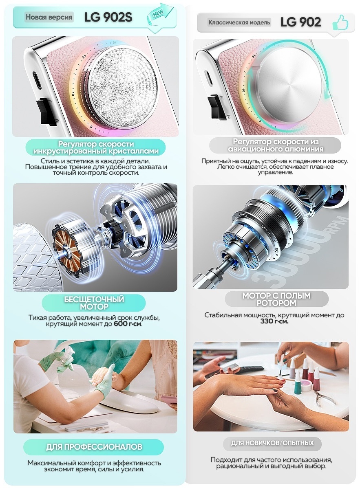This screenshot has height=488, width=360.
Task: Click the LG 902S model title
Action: [x=108, y=17]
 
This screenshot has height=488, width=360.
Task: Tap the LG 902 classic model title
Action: [x=300, y=22]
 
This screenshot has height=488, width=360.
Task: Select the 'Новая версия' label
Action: [x=49, y=17]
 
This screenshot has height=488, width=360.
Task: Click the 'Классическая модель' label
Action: [x=239, y=22]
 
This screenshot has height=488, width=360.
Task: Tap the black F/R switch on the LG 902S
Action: [x=45, y=111]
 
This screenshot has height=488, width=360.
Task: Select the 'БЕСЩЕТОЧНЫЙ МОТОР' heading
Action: [x=94, y=303]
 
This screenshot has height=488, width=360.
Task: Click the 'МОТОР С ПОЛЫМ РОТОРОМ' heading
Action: [x=276, y=299]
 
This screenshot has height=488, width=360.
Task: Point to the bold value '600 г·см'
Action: [x=127, y=324]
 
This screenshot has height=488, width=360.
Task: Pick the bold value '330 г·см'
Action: [x=274, y=321]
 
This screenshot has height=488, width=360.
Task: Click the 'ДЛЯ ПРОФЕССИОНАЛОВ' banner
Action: [x=94, y=447]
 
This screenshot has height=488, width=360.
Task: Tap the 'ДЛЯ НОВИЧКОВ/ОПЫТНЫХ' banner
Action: [x=272, y=443]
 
